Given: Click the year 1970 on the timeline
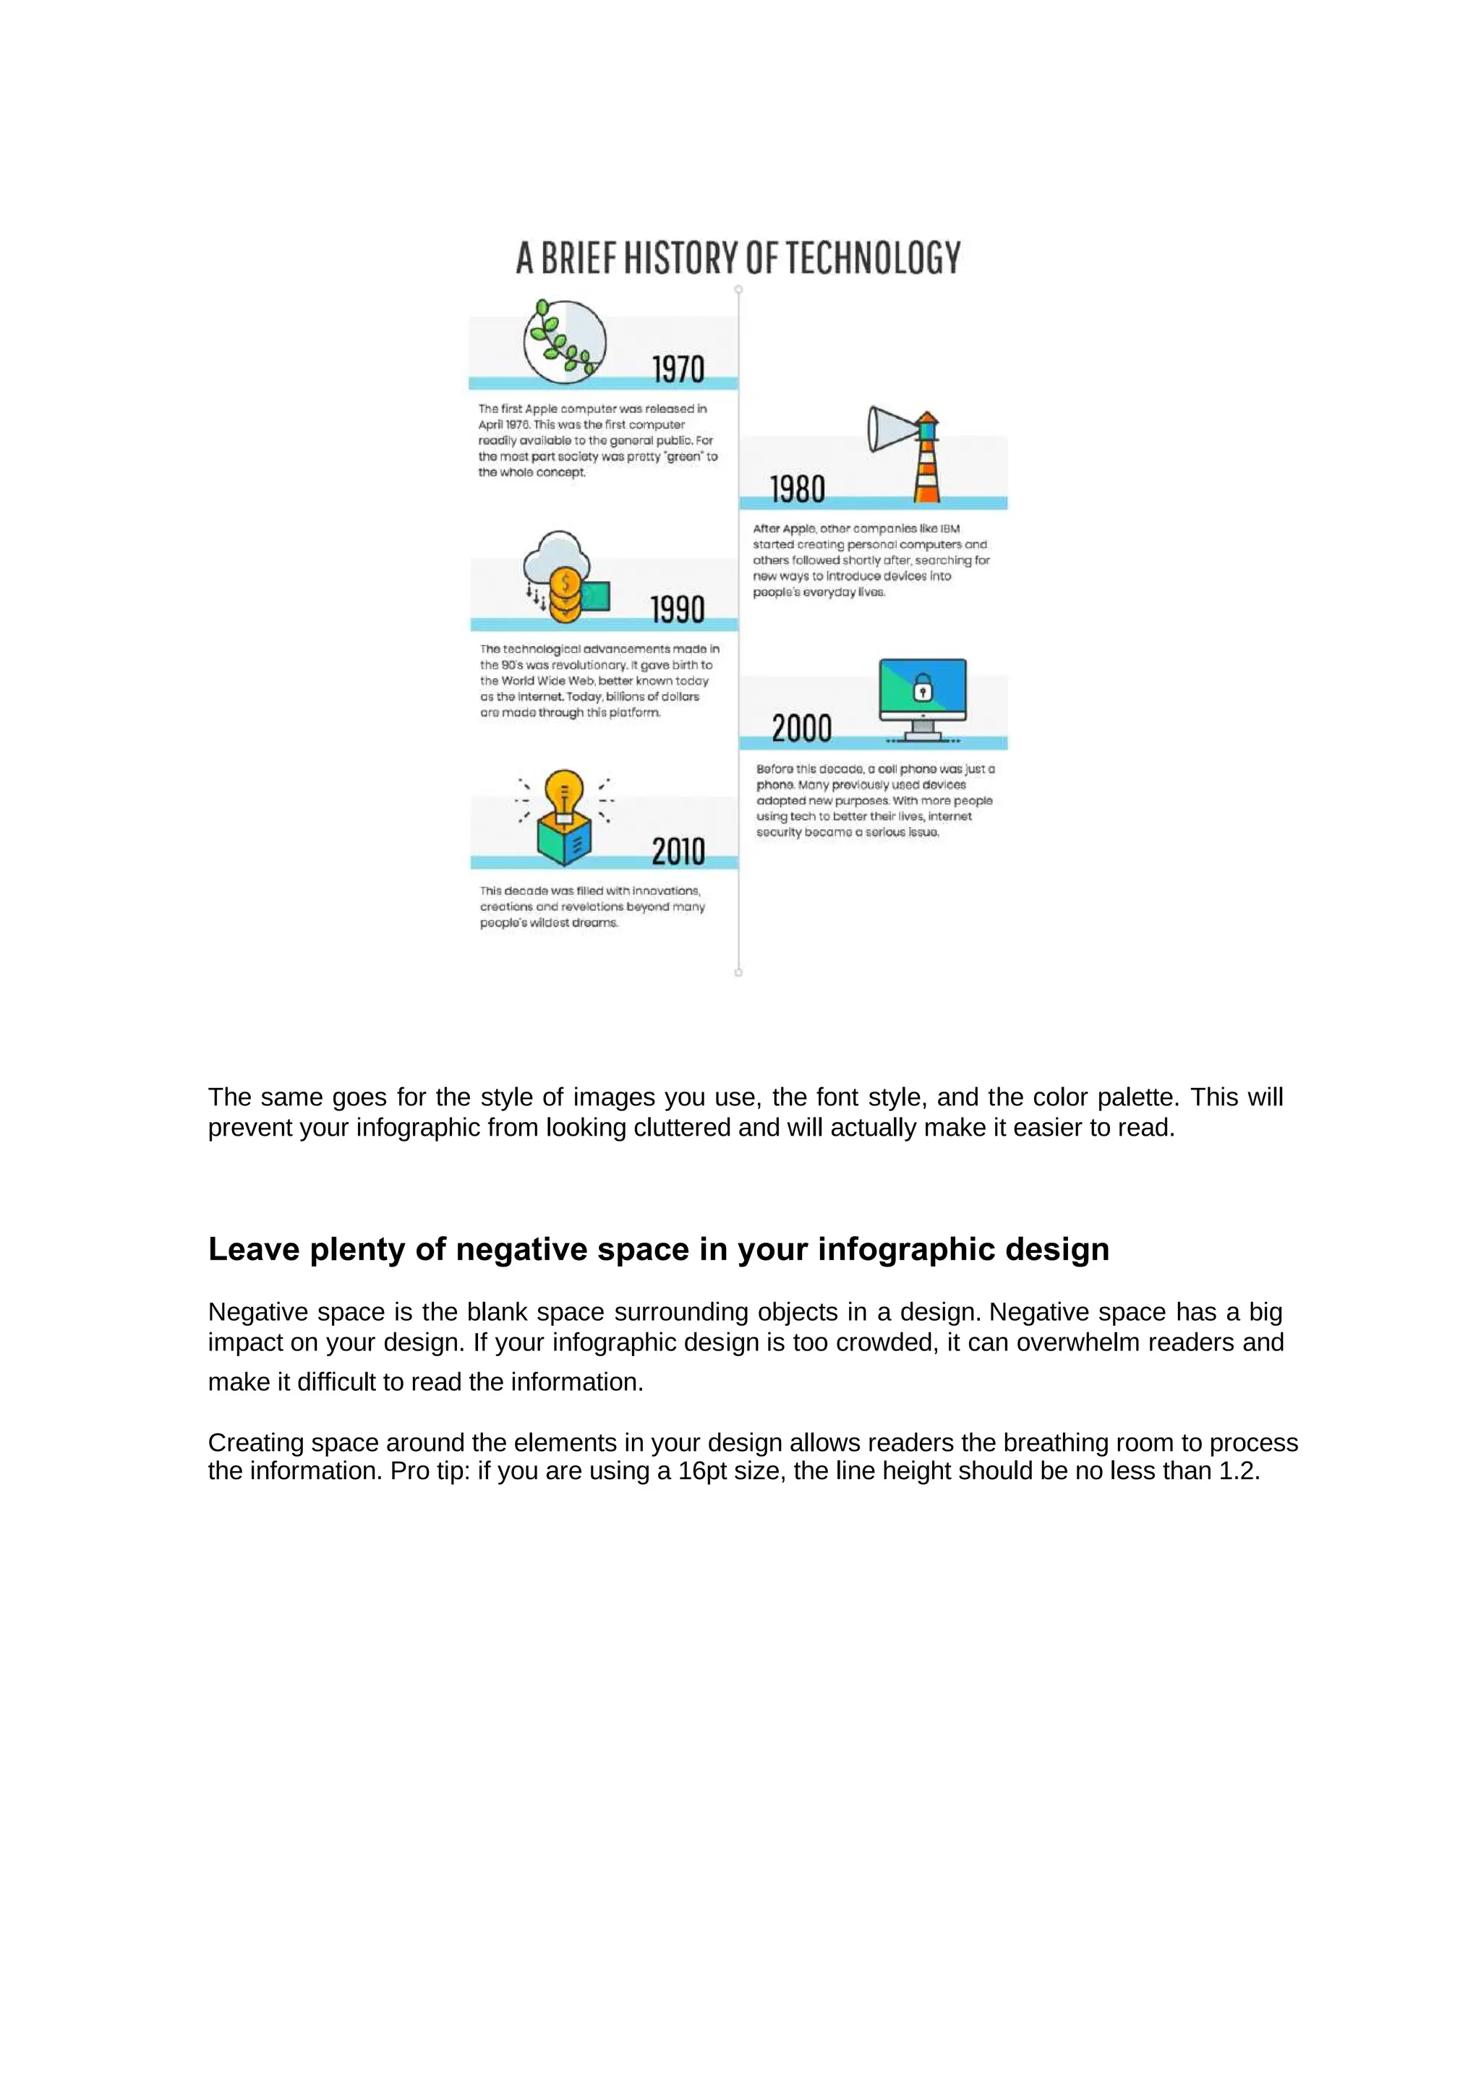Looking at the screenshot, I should coord(678,369).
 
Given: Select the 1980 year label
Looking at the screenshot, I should coord(798,490).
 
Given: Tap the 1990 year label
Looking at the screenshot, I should coord(677,609).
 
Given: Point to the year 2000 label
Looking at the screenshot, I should coord(801,729).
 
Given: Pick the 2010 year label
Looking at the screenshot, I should coord(678,852).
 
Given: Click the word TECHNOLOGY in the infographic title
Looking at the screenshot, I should coord(874,258).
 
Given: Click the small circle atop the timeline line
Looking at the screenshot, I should coord(738,289).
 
